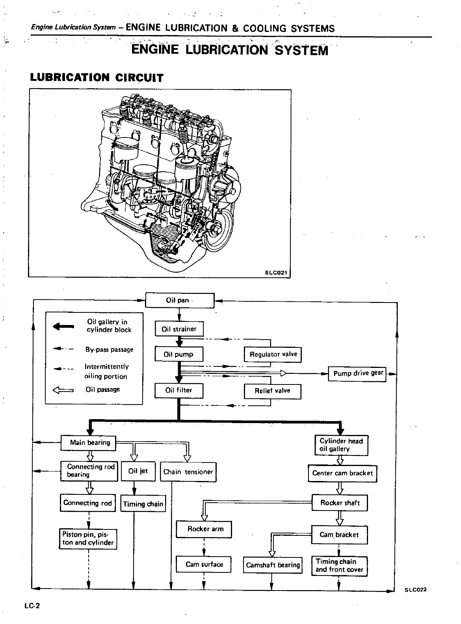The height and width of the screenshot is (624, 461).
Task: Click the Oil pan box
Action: (x=180, y=300)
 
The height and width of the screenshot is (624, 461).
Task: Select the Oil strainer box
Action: (x=179, y=329)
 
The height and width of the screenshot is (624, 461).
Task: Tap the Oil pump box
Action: (x=179, y=354)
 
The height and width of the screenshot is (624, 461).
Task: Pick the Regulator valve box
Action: (x=273, y=354)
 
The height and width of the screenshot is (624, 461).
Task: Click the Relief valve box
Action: (x=272, y=391)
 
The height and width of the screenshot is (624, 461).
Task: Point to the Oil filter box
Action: (x=179, y=390)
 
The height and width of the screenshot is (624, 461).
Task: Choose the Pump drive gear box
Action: (x=358, y=373)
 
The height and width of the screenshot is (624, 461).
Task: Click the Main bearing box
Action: (x=89, y=443)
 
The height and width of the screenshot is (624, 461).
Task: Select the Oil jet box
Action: (x=138, y=471)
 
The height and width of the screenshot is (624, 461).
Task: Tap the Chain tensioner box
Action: (x=188, y=472)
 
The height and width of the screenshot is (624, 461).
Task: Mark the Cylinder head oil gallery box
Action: (x=341, y=445)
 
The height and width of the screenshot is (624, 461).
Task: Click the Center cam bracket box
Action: (x=342, y=473)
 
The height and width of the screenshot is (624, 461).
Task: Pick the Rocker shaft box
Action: (x=340, y=503)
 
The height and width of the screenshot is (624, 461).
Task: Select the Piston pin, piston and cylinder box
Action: (x=89, y=539)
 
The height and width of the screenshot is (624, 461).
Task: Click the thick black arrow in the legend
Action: (x=63, y=326)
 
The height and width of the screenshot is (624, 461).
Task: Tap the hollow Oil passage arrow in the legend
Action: (x=63, y=390)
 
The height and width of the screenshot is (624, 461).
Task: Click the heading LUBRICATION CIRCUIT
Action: (x=97, y=77)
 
